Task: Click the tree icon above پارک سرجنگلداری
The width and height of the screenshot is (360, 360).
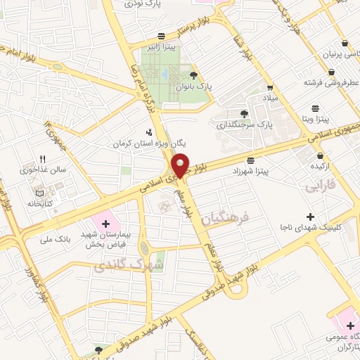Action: click(245, 113)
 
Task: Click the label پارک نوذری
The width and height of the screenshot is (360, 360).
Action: click(149, 4)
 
